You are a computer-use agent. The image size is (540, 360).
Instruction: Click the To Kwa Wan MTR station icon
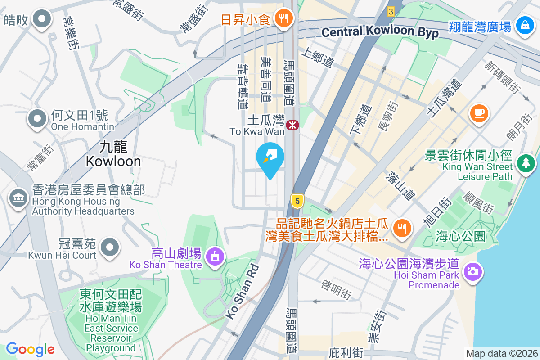click(x=292, y=125)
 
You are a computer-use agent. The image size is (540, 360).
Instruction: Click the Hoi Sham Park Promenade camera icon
click(x=472, y=271)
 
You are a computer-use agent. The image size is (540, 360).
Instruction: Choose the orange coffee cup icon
click(x=479, y=112)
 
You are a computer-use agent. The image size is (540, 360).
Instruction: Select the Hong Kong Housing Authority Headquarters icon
click(x=18, y=198)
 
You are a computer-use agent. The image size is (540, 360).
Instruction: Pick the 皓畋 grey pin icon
click(x=43, y=19)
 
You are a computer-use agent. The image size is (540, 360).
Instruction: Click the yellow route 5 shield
click(x=296, y=201)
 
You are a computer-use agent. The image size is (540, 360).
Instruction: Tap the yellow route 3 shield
click(x=391, y=12)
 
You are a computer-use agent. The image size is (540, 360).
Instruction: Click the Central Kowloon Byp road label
click(x=380, y=32)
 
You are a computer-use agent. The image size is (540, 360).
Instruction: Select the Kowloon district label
click(x=113, y=154)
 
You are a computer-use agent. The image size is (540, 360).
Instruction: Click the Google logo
click(x=30, y=349)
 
